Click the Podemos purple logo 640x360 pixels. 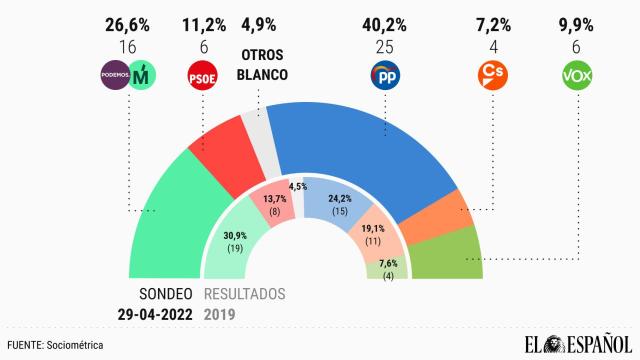[x=116, y=74]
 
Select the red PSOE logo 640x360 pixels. [x=203, y=74]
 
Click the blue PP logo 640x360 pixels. [x=385, y=74]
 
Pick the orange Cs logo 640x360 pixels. [x=490, y=74]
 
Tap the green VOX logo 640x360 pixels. [x=578, y=74]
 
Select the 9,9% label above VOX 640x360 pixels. [x=578, y=19]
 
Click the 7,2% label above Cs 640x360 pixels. [x=490, y=19]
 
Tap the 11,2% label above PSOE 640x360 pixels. [x=203, y=19]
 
